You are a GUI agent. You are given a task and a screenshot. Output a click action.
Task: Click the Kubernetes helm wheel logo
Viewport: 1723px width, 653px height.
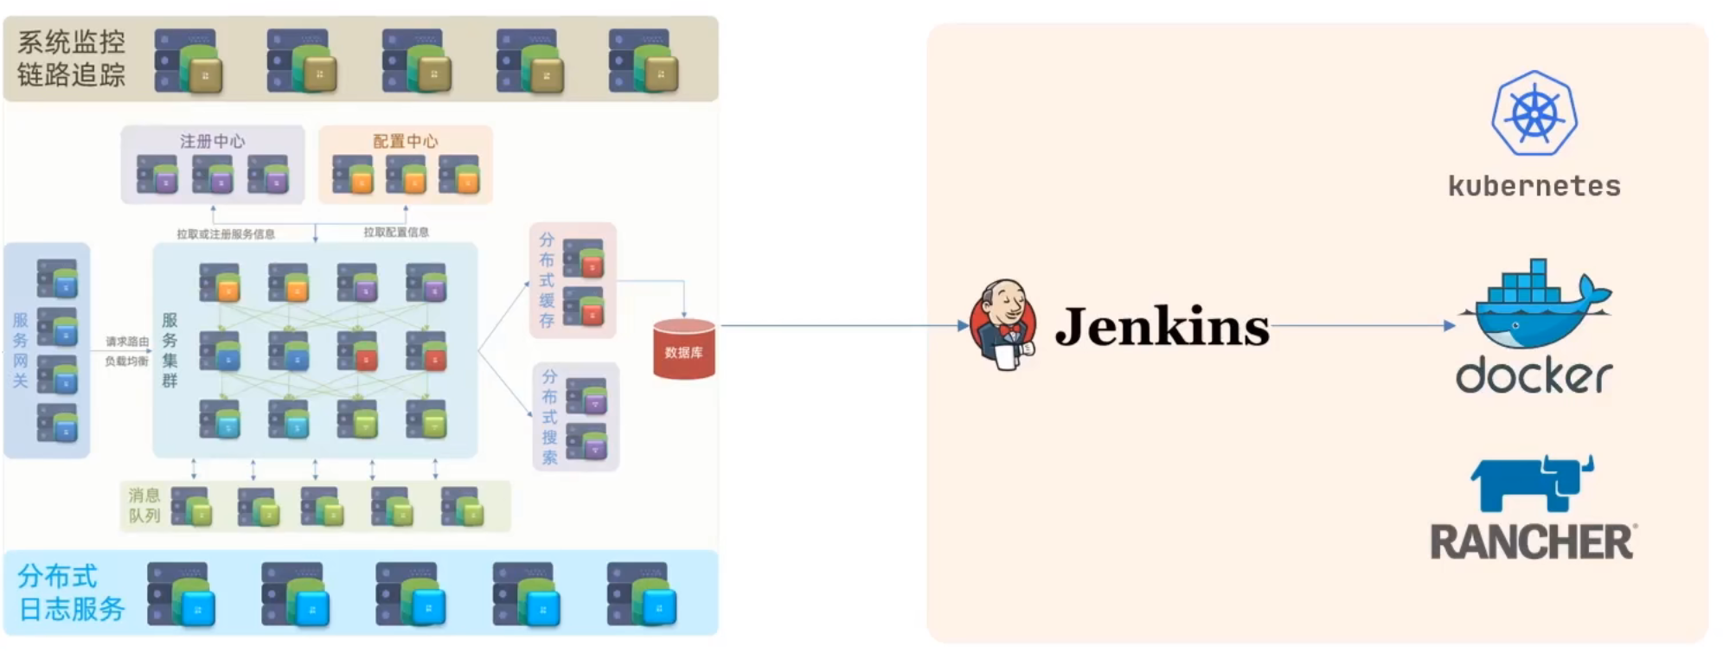tap(1534, 113)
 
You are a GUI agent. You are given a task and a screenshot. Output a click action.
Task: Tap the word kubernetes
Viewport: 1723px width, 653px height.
tap(1534, 186)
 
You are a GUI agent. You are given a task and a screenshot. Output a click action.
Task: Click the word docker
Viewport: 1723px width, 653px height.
tap(1534, 375)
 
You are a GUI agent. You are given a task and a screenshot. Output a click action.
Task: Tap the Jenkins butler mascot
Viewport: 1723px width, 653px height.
tap(1003, 324)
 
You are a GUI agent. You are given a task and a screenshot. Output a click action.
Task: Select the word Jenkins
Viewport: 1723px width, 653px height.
tap(1162, 327)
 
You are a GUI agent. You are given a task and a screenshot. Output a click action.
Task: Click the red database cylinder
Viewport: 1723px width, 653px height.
tap(683, 349)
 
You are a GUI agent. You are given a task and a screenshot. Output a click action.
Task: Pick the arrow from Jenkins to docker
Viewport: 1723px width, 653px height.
tap(1362, 326)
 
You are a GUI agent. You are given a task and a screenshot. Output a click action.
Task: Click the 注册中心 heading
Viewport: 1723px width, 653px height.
tap(213, 141)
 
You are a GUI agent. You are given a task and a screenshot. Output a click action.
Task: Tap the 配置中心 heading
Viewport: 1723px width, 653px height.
tap(405, 141)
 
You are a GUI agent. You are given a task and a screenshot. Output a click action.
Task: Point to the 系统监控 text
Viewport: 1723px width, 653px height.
tap(71, 42)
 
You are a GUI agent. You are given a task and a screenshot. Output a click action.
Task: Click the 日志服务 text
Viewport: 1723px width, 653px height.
tap(72, 609)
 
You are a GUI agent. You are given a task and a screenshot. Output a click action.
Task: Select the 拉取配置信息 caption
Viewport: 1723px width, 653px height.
tap(395, 232)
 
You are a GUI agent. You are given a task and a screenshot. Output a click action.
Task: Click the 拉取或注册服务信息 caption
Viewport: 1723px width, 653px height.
tap(226, 234)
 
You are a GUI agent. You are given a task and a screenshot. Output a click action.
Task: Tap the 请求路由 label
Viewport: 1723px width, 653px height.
tap(127, 342)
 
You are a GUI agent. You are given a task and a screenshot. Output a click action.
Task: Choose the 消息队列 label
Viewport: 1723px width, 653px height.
tap(144, 505)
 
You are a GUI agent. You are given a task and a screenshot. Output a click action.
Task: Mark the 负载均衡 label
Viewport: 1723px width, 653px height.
tap(127, 362)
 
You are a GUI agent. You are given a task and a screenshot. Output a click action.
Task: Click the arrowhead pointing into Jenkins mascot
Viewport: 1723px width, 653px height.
tap(963, 326)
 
